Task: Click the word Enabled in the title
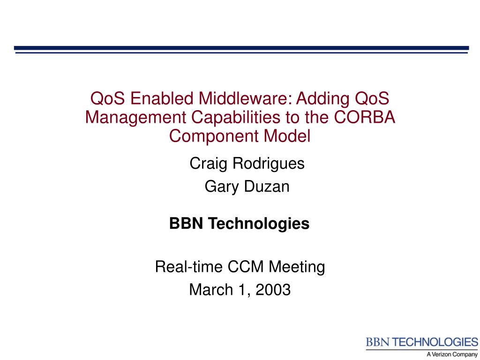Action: point(162,98)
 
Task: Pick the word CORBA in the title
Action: point(364,117)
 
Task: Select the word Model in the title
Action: point(287,135)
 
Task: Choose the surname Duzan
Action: point(266,187)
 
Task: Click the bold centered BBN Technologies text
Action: point(240,224)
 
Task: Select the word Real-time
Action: point(188,266)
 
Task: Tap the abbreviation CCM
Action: point(246,266)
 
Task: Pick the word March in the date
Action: point(211,290)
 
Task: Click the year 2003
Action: point(273,290)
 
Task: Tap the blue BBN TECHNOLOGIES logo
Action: point(422,342)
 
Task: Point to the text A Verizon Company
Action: point(452,354)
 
